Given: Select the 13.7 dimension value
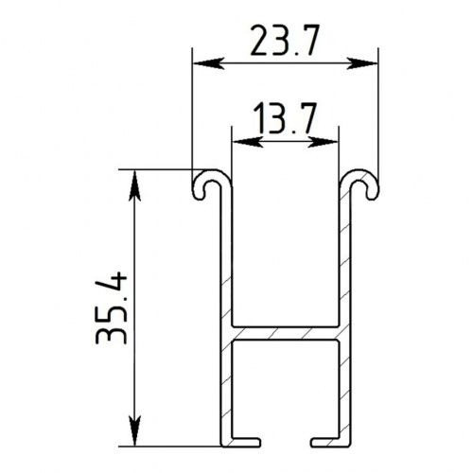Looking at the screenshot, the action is click(x=286, y=117).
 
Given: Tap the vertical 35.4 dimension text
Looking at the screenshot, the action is click(x=111, y=307).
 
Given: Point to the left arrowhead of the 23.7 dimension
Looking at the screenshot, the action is click(x=208, y=63).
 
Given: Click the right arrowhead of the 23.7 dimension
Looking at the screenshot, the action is click(x=362, y=63).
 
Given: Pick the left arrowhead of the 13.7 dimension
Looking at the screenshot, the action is click(x=247, y=142).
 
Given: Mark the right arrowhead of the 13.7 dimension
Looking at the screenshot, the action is click(x=323, y=142).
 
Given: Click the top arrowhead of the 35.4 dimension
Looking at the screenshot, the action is click(x=135, y=185).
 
